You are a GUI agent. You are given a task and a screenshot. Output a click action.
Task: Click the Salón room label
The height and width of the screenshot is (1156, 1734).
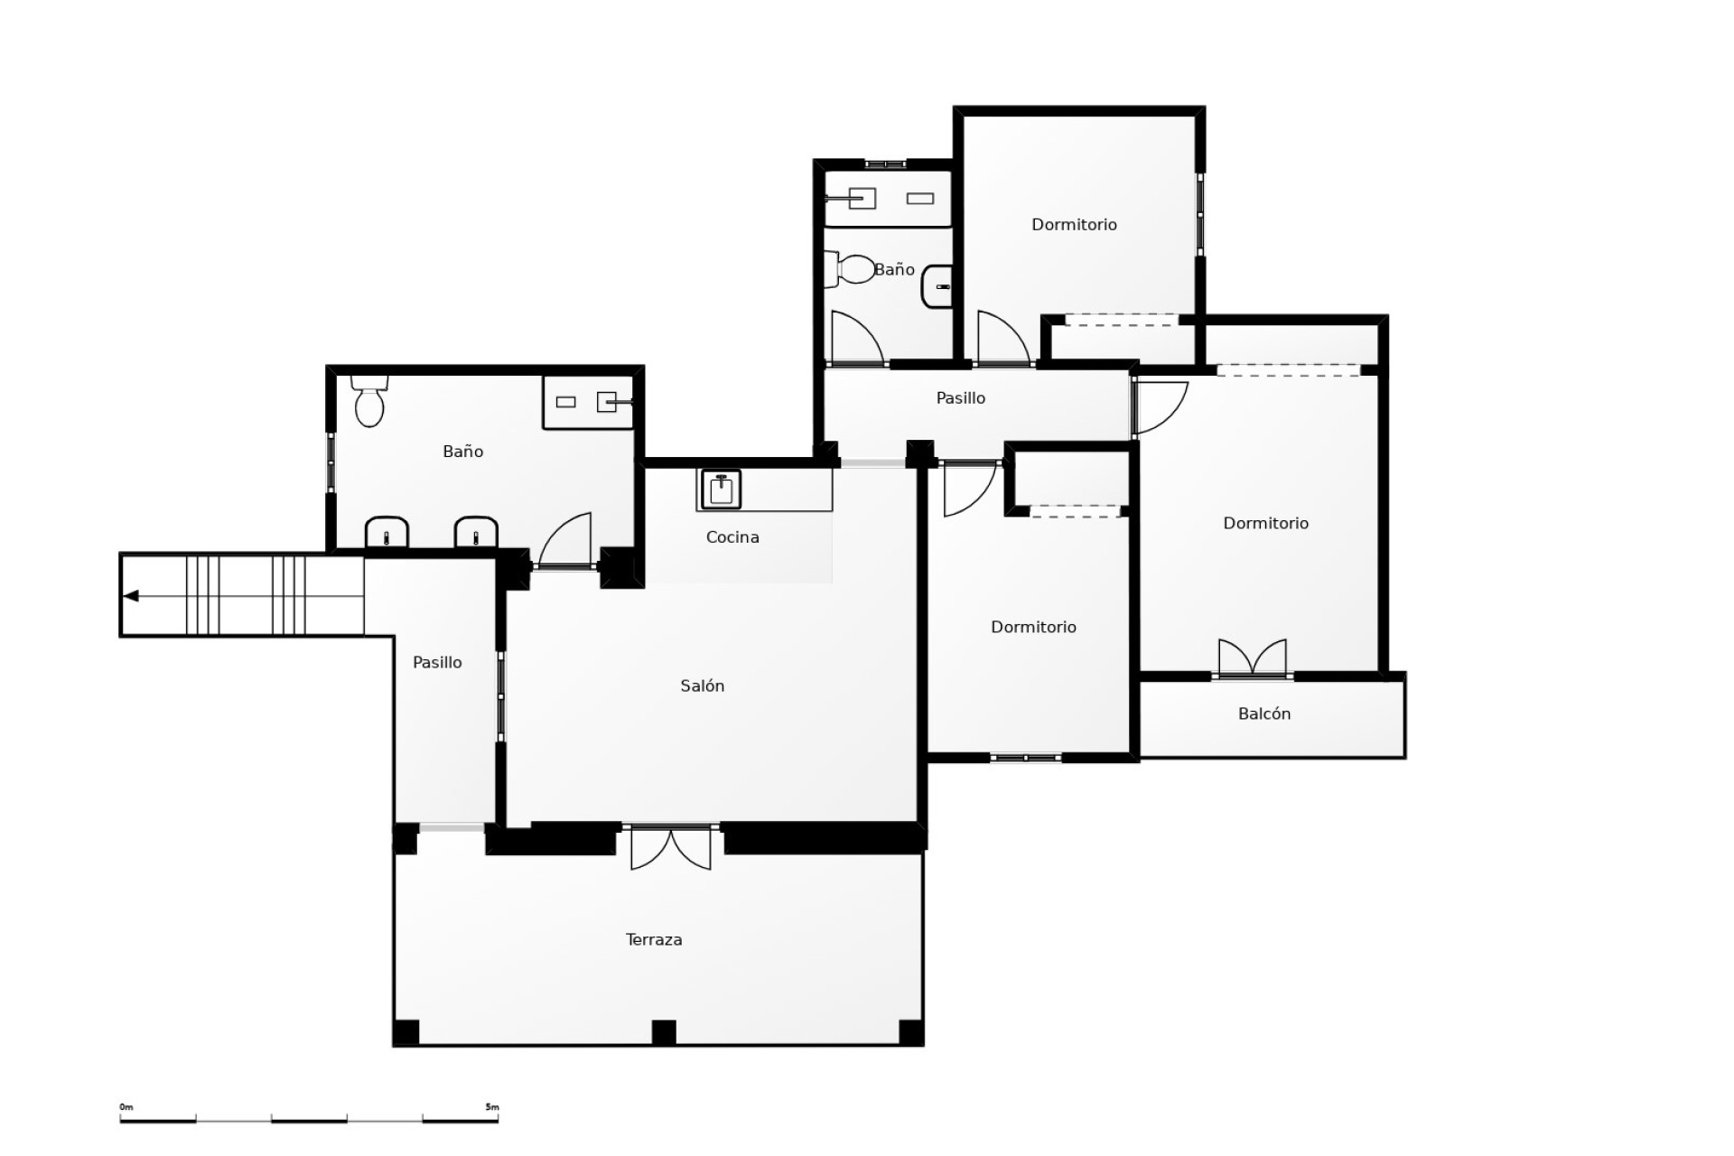coord(702,686)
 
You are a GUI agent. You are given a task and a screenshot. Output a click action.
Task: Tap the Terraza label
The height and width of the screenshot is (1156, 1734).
coord(654,940)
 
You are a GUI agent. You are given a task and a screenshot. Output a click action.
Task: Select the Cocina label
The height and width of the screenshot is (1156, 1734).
coord(732,537)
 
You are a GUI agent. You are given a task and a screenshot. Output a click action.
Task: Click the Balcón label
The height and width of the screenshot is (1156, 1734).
coord(1263,714)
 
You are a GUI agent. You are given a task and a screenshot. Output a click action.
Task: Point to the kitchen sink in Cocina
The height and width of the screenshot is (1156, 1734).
coord(721,489)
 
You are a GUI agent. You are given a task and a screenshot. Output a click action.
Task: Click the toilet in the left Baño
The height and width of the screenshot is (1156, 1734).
coord(369,402)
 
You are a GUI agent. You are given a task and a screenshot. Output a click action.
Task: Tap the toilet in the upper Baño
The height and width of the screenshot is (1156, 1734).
coord(854,269)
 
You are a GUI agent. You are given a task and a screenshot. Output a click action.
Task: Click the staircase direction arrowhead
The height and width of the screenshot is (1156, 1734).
coord(131,596)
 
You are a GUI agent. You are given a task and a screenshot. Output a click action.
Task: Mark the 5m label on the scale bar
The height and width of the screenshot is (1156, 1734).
coord(491,1107)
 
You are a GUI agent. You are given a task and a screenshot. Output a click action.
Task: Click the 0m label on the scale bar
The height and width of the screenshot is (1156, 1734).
coord(126,1107)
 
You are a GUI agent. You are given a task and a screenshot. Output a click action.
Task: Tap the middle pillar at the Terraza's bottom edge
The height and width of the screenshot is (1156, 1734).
coord(664,1031)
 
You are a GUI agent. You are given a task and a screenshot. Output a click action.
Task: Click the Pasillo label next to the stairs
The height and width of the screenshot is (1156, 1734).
coord(437,663)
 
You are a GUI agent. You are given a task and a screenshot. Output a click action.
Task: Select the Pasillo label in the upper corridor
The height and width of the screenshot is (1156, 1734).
coord(960,398)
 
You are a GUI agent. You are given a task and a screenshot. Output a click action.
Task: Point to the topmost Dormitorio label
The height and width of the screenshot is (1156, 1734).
coord(1074,225)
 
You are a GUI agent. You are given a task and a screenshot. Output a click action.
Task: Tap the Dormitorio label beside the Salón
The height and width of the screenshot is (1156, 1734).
coord(1033,628)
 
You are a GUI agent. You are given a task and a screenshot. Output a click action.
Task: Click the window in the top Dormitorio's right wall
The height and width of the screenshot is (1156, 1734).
coord(1200,214)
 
